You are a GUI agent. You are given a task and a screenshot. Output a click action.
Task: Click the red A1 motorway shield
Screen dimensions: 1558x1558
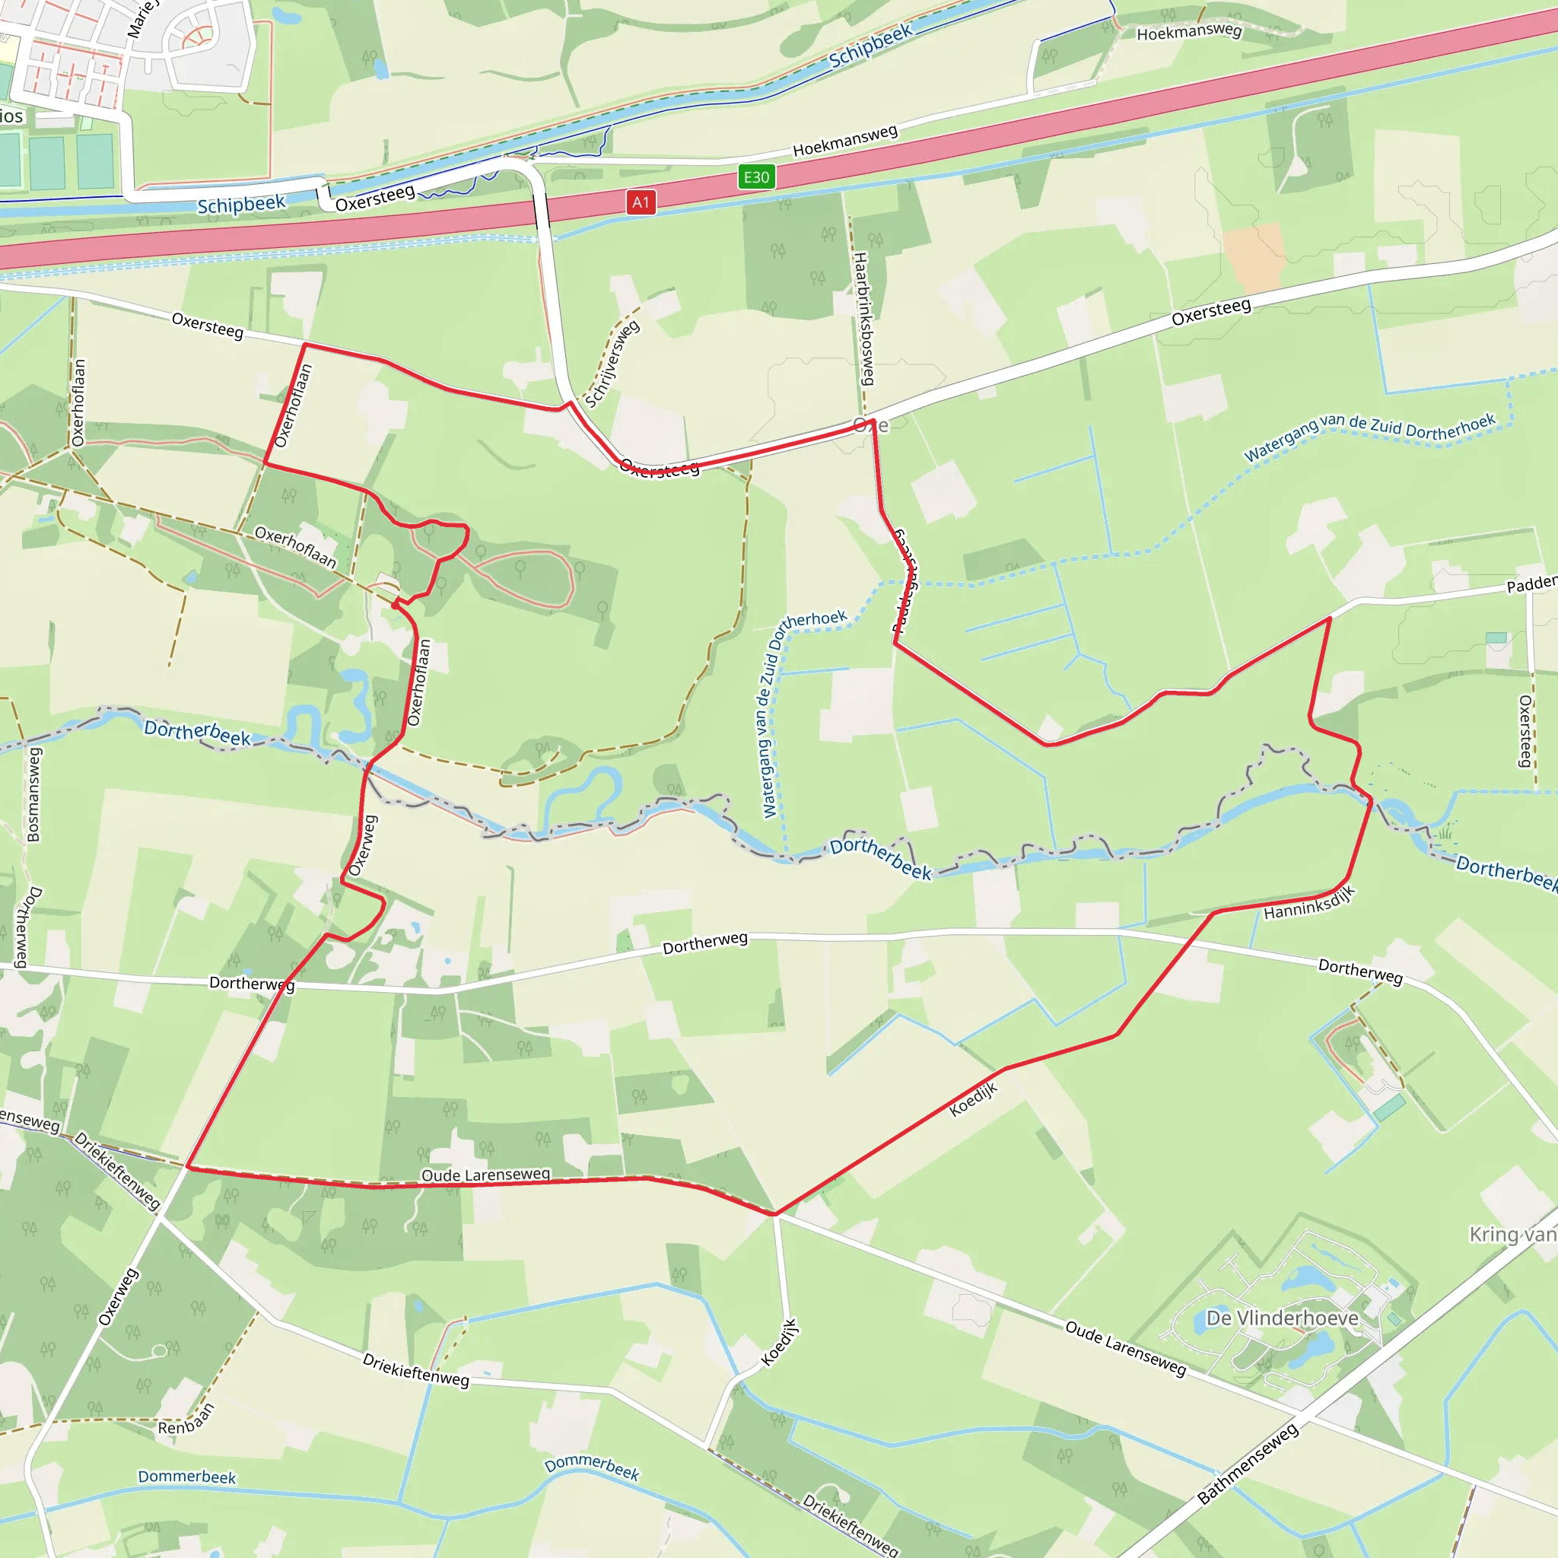(x=641, y=202)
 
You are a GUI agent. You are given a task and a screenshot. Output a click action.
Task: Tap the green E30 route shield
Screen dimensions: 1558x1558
(x=755, y=177)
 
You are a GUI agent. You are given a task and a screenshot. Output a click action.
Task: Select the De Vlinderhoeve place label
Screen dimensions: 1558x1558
(x=1282, y=1318)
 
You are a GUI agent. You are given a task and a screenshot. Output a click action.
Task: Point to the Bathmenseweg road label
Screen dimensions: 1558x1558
(x=1248, y=1464)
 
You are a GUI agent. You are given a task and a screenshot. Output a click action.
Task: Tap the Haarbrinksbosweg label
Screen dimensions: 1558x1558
(x=863, y=319)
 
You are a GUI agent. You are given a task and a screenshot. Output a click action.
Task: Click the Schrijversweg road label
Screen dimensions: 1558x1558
(x=612, y=364)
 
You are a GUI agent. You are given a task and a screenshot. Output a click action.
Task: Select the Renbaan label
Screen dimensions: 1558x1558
(x=186, y=1420)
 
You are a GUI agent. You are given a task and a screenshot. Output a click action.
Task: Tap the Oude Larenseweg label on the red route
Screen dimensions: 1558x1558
(x=485, y=1175)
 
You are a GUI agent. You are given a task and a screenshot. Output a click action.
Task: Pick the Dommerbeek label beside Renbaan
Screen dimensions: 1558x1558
(x=187, y=1477)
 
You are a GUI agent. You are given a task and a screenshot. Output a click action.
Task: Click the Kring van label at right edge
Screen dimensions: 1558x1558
(x=1512, y=1235)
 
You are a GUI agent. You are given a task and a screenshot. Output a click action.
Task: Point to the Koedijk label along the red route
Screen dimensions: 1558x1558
(x=973, y=1100)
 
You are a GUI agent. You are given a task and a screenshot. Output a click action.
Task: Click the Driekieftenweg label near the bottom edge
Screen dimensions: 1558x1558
(x=850, y=1524)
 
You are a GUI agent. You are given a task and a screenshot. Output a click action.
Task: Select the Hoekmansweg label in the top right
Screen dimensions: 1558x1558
(x=1189, y=32)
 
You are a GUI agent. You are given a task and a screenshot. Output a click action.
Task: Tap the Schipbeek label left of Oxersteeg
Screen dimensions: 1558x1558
(x=241, y=204)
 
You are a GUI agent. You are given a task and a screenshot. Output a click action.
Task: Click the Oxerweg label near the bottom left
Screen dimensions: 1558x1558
(x=118, y=1297)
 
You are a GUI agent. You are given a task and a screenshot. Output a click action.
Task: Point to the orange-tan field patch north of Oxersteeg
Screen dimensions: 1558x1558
(x=1252, y=257)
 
